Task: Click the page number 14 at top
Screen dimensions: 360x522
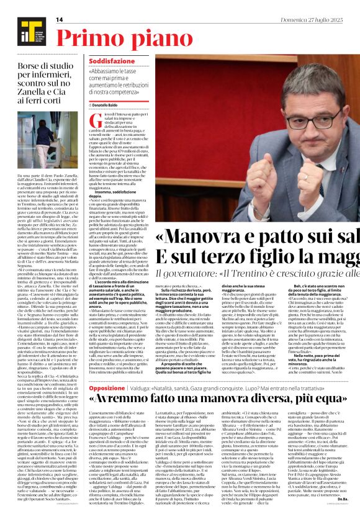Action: (x=60, y=20)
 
